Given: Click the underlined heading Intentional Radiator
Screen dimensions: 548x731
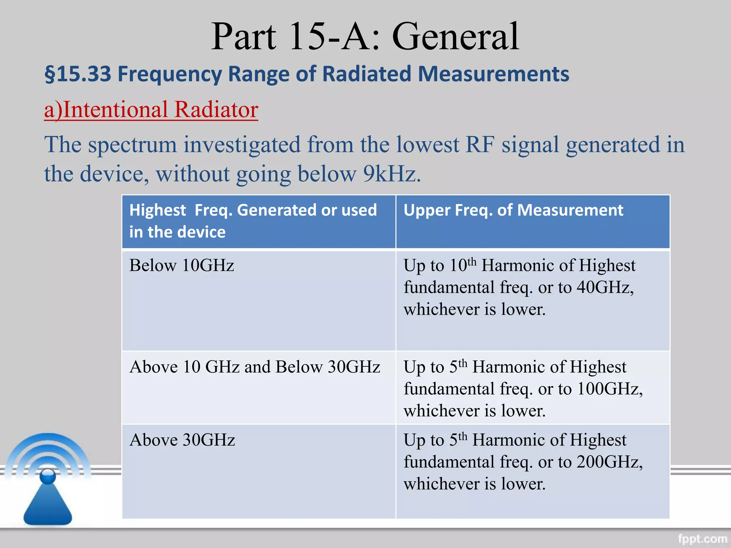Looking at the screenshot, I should coord(151,110).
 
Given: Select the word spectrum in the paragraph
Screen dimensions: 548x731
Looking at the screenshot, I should coord(132,145).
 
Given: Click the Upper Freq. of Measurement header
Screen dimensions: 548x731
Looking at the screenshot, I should coord(513,210).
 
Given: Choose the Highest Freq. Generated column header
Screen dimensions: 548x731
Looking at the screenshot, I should coord(253,220).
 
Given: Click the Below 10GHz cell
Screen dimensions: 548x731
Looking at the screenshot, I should coord(182,265).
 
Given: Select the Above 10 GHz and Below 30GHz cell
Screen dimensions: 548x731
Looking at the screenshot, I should coord(254,367).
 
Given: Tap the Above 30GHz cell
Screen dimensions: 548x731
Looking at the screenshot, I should coord(182,440).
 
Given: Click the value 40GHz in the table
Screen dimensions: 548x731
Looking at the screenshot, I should coord(603,288).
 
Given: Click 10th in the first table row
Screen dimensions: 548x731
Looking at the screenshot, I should coord(463,265).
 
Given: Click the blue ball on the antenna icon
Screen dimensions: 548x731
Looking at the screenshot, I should coord(48,477).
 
